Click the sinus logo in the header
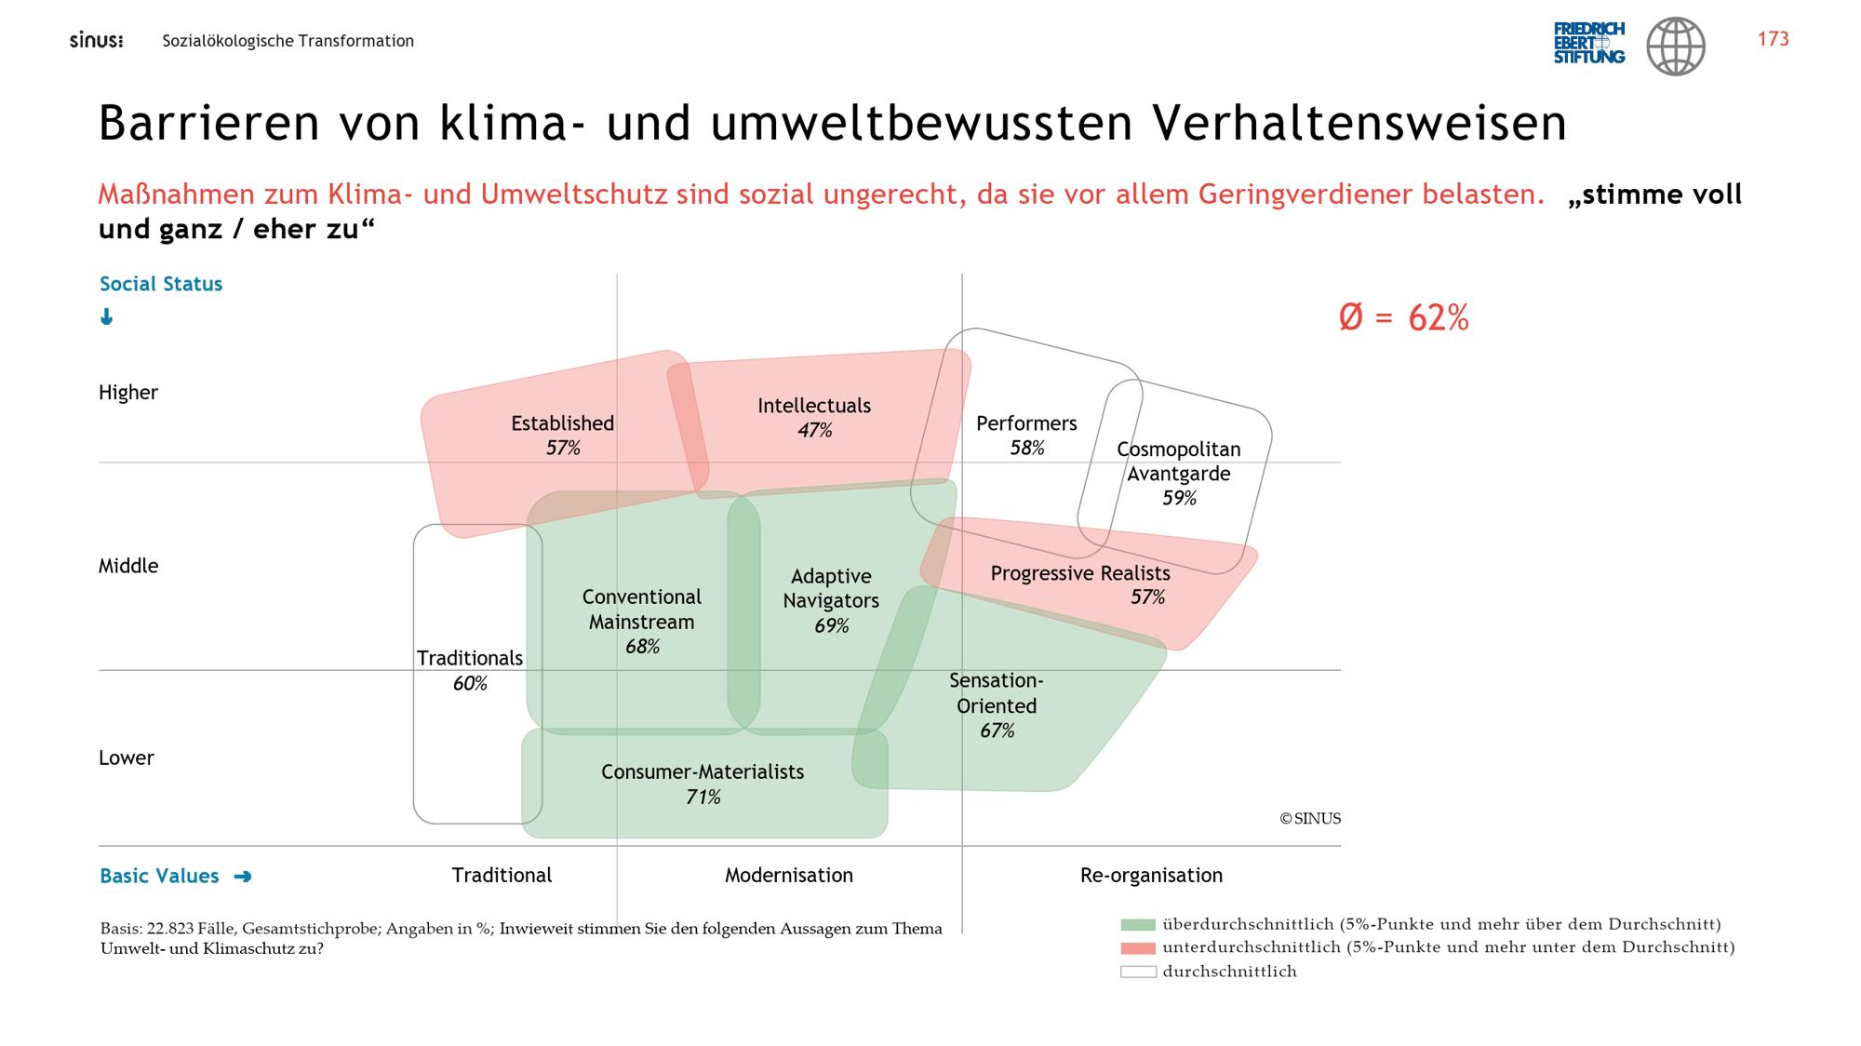point(96,41)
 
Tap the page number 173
point(1773,39)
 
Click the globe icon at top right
point(1676,46)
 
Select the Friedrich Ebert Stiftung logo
point(1589,43)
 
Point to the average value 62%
point(1403,318)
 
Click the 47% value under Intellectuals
point(814,430)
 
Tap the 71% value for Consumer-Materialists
point(703,797)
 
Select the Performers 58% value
point(1026,448)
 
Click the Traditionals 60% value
point(470,683)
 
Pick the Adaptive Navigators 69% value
point(831,625)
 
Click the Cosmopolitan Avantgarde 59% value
point(1179,498)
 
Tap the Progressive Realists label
point(1080,573)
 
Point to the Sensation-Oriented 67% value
point(997,731)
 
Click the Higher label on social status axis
point(128,393)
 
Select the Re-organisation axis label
point(1151,876)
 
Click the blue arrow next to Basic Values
point(243,877)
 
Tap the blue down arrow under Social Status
point(106,317)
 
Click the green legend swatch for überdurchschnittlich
point(1138,925)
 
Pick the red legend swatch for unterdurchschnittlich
point(1138,948)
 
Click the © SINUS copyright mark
point(1310,819)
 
